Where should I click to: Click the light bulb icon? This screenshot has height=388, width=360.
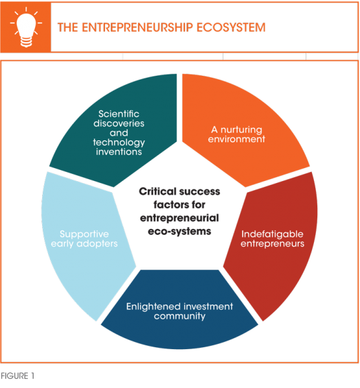(x=26, y=27)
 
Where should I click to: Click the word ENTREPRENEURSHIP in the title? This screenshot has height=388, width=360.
(x=137, y=27)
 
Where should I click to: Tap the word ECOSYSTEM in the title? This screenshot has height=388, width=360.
(x=231, y=27)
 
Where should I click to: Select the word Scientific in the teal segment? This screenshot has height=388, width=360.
(x=118, y=114)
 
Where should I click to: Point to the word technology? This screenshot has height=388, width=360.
(x=119, y=142)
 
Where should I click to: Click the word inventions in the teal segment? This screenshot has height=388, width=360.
(x=119, y=152)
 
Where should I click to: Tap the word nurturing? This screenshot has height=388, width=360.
(x=241, y=130)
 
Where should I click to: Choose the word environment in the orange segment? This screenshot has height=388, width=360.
(x=236, y=139)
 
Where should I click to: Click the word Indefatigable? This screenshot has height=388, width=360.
(x=273, y=234)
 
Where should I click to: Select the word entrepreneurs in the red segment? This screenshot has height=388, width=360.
(x=273, y=244)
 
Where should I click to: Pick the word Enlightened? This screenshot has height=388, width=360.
(x=157, y=307)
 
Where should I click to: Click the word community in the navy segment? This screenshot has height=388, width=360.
(x=179, y=316)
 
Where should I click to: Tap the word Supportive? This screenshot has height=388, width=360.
(x=84, y=234)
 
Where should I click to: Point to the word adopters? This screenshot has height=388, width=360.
(x=97, y=244)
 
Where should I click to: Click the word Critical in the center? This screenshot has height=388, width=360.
(x=157, y=191)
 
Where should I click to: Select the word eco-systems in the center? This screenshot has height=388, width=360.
(x=179, y=232)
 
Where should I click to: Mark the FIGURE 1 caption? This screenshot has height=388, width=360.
(x=17, y=376)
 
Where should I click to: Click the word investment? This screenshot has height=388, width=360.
(x=211, y=307)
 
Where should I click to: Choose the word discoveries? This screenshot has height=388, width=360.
(x=118, y=124)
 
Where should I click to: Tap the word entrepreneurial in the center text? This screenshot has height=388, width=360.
(x=179, y=219)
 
